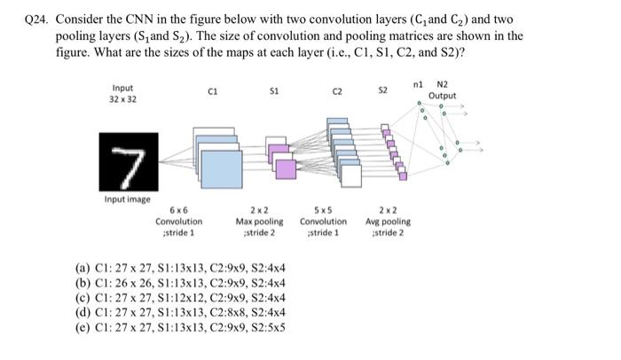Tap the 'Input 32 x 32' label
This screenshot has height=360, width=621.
tap(123, 93)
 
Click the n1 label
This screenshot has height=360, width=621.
tap(418, 83)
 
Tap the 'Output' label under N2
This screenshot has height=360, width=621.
tap(442, 96)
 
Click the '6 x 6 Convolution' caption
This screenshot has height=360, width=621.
tap(178, 221)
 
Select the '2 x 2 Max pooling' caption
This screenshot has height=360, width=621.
tap(260, 221)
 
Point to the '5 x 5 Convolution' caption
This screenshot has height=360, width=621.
tap(324, 221)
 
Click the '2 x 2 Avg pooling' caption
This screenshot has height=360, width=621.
tap(388, 221)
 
